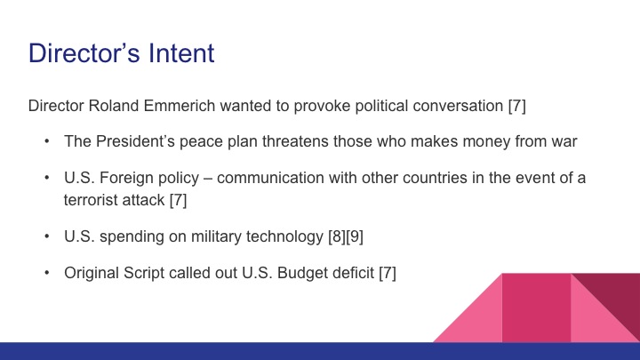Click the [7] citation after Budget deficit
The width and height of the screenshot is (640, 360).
coord(387,273)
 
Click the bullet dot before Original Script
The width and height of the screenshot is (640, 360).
coord(46,273)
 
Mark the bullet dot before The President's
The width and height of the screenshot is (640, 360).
coord(46,140)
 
